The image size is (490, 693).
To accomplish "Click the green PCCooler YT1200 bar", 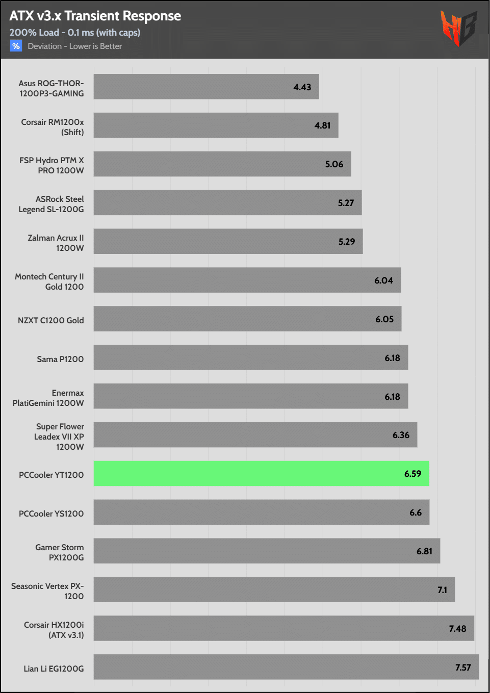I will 261,474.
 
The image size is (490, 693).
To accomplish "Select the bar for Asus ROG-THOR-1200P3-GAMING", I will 206,87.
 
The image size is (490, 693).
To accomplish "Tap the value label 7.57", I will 463,668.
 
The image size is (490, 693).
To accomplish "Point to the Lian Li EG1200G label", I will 54,669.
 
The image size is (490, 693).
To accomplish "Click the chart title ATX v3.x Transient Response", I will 95,16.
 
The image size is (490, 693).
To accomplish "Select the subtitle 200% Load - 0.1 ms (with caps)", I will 74,33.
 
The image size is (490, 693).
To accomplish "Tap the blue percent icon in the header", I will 16,46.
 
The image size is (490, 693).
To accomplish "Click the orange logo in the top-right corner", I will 458,28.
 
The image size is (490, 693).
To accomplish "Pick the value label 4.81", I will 322,125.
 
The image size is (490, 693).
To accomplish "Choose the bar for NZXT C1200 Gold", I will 247,319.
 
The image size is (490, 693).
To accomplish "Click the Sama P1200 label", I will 60,359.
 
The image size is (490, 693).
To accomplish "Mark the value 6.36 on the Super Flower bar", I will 401,435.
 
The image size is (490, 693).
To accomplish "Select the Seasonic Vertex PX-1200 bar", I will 274,589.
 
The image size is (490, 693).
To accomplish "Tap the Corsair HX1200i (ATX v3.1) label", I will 54,630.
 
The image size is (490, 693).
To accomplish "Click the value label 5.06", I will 334,164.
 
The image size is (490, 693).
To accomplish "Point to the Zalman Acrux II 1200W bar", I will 228,241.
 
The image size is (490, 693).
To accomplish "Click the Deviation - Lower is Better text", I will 75,46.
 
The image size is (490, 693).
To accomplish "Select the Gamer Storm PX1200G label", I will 60,552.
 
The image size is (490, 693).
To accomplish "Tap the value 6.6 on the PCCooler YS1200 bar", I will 416,512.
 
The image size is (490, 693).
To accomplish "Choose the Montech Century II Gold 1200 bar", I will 247,280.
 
